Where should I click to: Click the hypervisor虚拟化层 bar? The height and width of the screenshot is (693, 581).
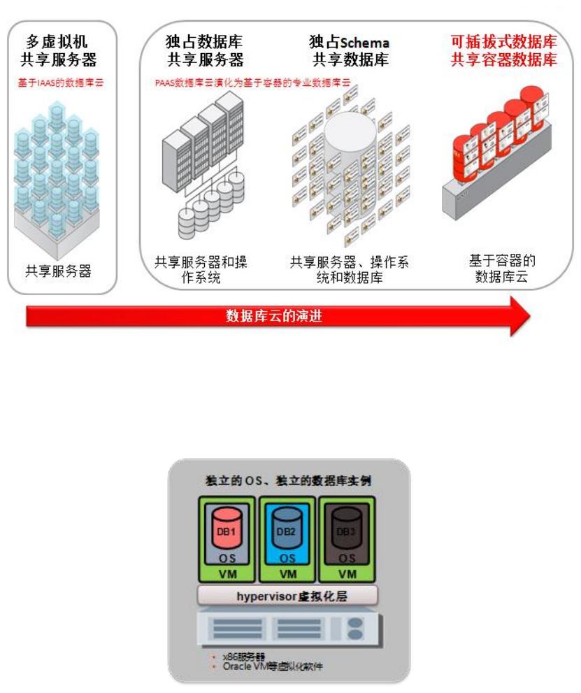pos(287,595)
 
